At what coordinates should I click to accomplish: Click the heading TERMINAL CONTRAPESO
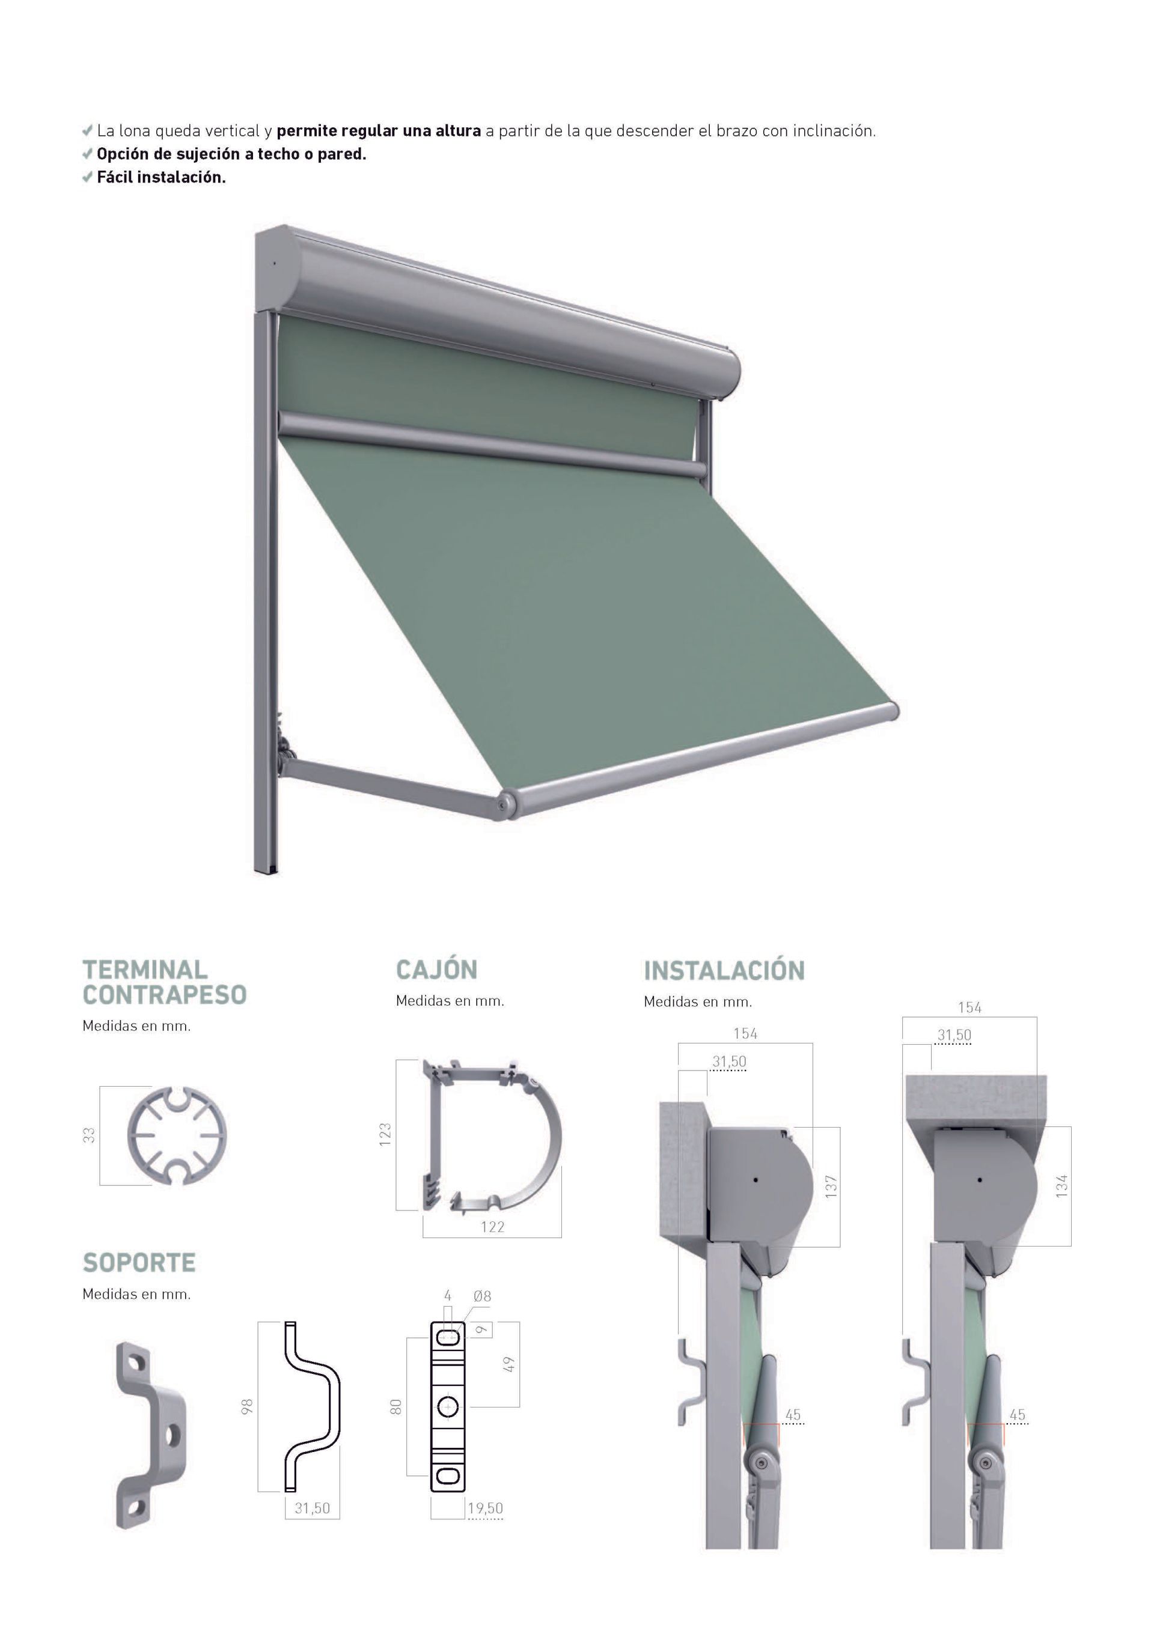(164, 982)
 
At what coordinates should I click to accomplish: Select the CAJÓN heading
(436, 970)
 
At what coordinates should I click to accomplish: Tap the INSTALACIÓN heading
(724, 970)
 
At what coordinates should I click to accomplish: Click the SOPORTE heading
(139, 1263)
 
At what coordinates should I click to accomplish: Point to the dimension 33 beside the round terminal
(89, 1135)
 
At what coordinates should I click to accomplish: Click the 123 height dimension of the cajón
(385, 1134)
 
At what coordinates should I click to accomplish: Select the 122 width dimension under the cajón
(492, 1227)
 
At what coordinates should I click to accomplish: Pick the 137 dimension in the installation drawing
(831, 1187)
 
